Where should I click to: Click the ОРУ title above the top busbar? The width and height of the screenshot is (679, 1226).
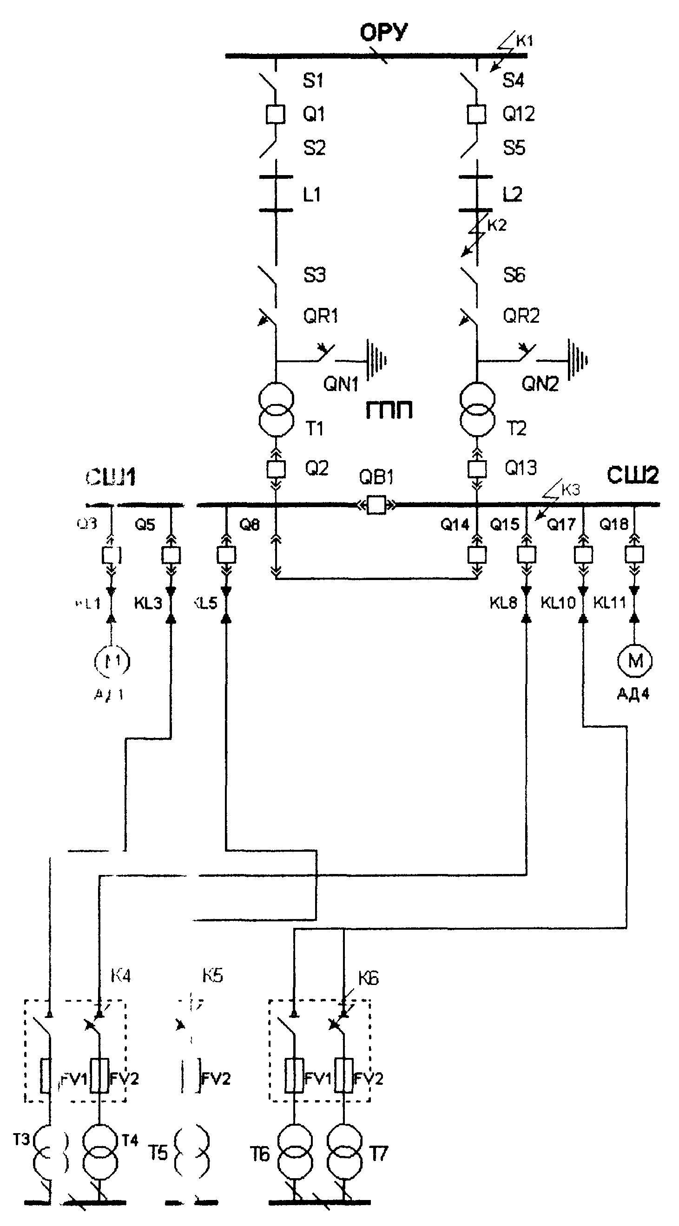(x=384, y=33)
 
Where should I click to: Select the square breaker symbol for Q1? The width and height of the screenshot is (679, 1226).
(x=275, y=114)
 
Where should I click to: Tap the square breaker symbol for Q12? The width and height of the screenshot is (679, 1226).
(x=477, y=114)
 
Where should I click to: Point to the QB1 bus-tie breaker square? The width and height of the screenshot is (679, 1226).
(x=376, y=504)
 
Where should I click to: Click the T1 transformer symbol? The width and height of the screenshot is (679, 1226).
(x=276, y=409)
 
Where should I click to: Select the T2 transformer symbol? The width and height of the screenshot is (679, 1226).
(x=477, y=409)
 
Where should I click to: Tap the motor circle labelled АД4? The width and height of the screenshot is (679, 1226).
(x=635, y=660)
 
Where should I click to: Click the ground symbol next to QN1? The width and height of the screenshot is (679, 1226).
(x=376, y=360)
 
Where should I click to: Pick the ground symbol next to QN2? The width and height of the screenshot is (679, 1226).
(x=578, y=360)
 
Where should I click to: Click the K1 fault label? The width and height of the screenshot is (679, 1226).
(x=524, y=41)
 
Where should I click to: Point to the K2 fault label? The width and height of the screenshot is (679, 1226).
(x=497, y=225)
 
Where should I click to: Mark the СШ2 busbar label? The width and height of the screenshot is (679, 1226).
(x=633, y=476)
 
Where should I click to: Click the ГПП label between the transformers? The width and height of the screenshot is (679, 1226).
(x=389, y=410)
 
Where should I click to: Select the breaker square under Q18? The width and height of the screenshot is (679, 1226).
(x=634, y=554)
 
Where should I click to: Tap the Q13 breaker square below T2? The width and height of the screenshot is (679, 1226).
(x=477, y=469)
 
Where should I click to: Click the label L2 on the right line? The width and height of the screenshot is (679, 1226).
(x=512, y=195)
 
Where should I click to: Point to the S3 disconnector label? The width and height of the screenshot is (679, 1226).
(x=315, y=275)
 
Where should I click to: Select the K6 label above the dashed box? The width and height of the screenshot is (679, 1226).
(x=368, y=979)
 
